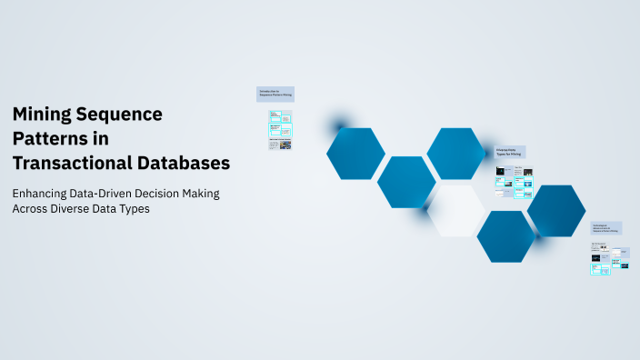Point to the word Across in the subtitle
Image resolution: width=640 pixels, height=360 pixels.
(x=33, y=208)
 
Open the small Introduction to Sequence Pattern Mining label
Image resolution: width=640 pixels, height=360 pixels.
(x=276, y=94)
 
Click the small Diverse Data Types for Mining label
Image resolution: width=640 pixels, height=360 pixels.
(x=511, y=153)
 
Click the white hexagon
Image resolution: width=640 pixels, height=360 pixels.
(x=456, y=211)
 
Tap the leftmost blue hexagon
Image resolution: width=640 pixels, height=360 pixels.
(x=355, y=154)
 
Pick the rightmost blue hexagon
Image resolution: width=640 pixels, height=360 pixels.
(x=556, y=211)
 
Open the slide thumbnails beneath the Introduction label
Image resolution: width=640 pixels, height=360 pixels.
(x=280, y=130)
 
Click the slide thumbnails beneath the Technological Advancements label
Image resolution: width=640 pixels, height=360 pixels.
(x=606, y=258)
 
